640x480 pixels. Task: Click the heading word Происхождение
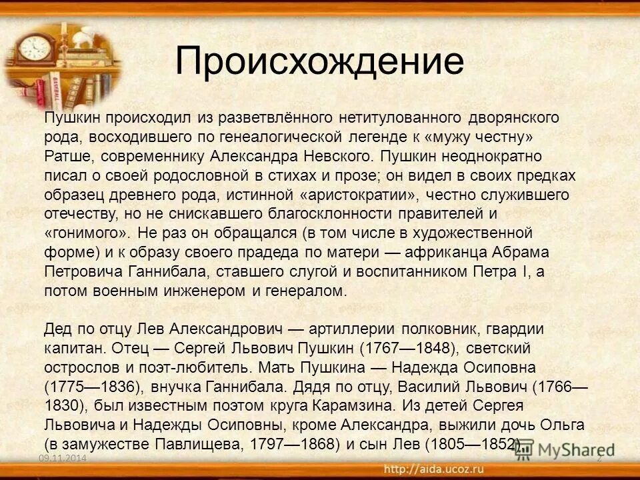coord(319,61)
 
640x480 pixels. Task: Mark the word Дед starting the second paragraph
coord(57,330)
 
